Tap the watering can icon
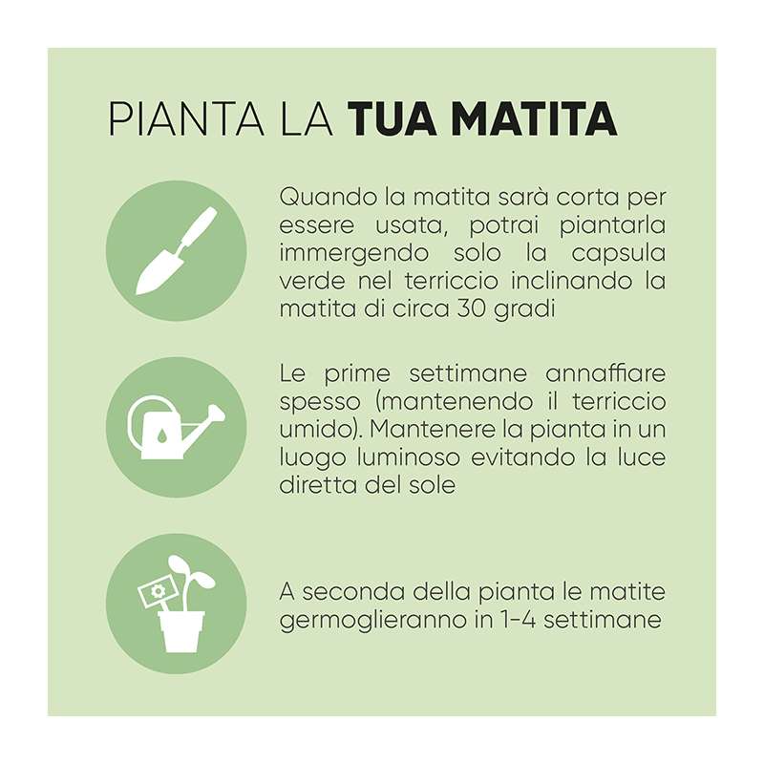coord(176,427)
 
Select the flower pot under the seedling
coord(181,630)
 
